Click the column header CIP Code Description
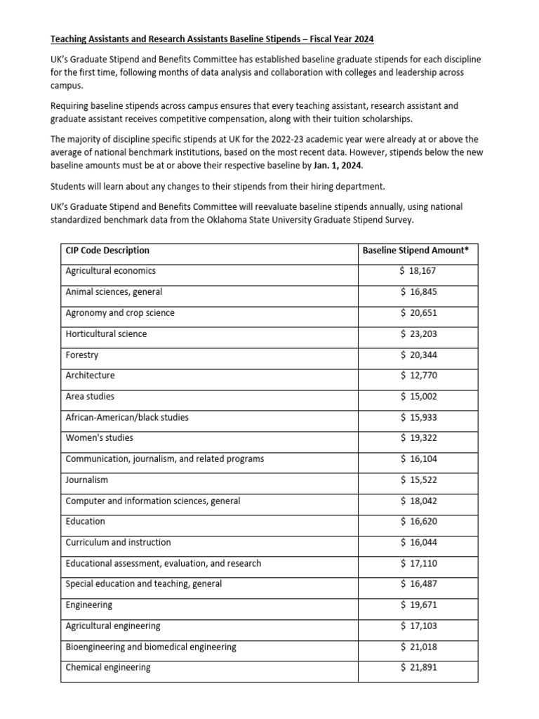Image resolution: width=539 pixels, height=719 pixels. click(107, 250)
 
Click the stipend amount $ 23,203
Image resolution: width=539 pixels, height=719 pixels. click(418, 334)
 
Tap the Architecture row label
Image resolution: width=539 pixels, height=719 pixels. click(90, 375)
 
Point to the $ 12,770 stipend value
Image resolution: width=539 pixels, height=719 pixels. click(418, 375)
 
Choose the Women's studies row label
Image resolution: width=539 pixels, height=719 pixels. click(99, 437)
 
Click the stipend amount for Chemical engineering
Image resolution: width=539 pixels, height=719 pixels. click(418, 667)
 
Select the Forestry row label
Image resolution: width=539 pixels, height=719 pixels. click(82, 355)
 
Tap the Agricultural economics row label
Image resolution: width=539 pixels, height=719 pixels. click(110, 271)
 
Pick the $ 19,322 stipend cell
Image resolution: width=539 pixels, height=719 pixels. click(418, 437)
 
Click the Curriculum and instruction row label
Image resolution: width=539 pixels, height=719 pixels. click(118, 542)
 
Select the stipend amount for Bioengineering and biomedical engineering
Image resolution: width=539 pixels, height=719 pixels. click(418, 646)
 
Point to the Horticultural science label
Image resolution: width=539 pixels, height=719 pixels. click(106, 334)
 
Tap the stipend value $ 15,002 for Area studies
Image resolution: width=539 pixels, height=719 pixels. click(418, 396)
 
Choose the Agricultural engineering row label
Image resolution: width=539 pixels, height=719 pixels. click(113, 626)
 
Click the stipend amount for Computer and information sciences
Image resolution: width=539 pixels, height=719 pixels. click(418, 501)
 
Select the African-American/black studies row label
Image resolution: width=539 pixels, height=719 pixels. click(127, 417)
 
